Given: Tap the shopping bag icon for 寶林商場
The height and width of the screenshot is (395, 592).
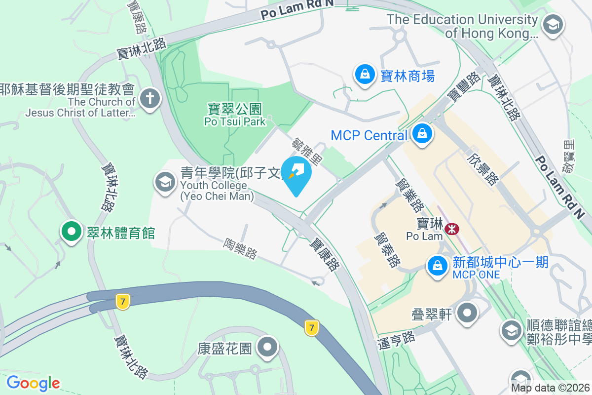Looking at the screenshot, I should coord(365,75).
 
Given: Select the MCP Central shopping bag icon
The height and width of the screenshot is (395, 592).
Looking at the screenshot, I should coord(422,134).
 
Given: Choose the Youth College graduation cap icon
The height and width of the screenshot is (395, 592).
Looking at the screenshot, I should coord(165,182).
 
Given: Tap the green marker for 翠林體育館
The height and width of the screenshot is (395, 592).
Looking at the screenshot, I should coord(72,232).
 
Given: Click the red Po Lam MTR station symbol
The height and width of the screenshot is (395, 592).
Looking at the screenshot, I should coord(451,229).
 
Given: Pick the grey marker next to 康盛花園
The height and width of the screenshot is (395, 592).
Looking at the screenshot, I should coord(268,347).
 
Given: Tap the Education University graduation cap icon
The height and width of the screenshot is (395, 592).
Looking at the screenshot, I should coord(553,24).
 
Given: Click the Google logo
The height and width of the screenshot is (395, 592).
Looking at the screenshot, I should coord(34,383).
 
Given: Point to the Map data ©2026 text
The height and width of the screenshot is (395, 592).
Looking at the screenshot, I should coord(550,388).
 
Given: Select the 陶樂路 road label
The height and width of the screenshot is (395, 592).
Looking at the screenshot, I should coord(240,248).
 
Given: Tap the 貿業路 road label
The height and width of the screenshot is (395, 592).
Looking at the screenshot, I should coord(410,194).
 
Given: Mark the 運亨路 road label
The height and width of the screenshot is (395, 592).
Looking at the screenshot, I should coord(396,339).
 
